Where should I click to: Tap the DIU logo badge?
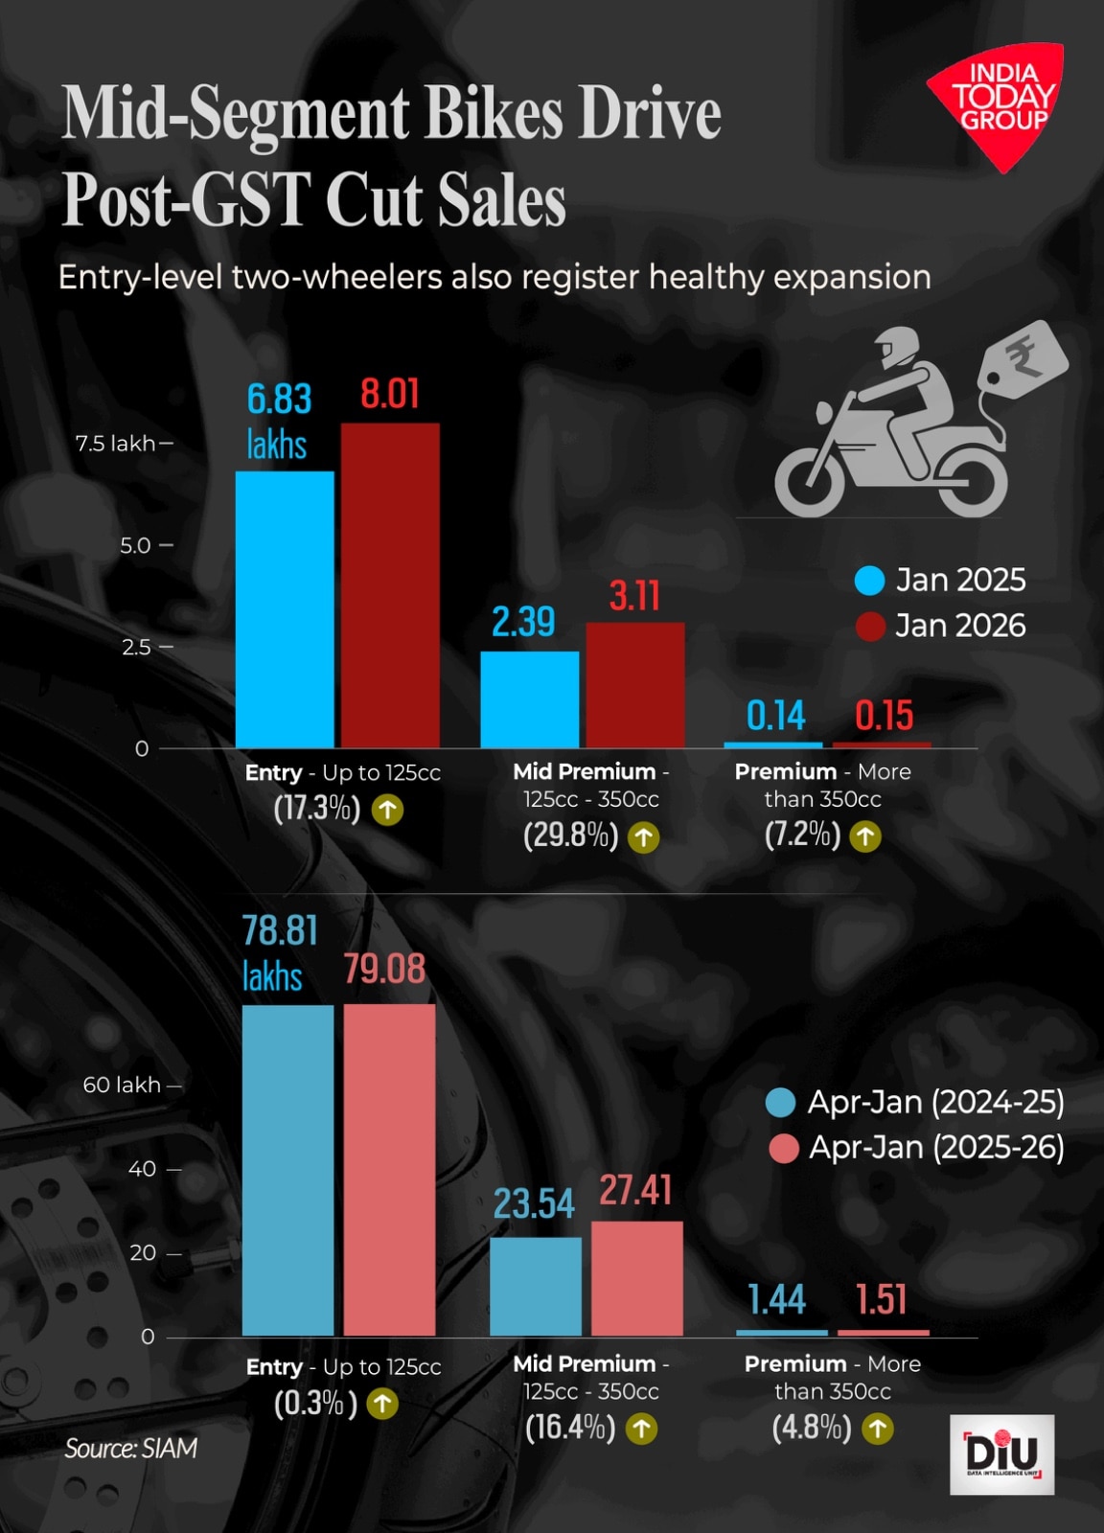click(1001, 1453)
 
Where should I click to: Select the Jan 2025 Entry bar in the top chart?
click(285, 608)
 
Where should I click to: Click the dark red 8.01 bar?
click(390, 584)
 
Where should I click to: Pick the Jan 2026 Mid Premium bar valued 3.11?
click(635, 684)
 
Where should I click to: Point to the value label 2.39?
click(523, 623)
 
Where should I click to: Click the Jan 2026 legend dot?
click(869, 626)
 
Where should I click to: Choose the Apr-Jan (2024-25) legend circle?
click(781, 1103)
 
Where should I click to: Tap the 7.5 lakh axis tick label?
click(116, 444)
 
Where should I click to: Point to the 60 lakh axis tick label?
click(122, 1085)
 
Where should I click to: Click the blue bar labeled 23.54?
click(536, 1286)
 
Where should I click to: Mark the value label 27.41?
click(635, 1191)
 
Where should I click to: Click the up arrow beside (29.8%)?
click(644, 837)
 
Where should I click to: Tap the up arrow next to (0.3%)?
click(382, 1405)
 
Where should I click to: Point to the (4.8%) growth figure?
click(811, 1428)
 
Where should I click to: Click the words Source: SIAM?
click(131, 1448)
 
